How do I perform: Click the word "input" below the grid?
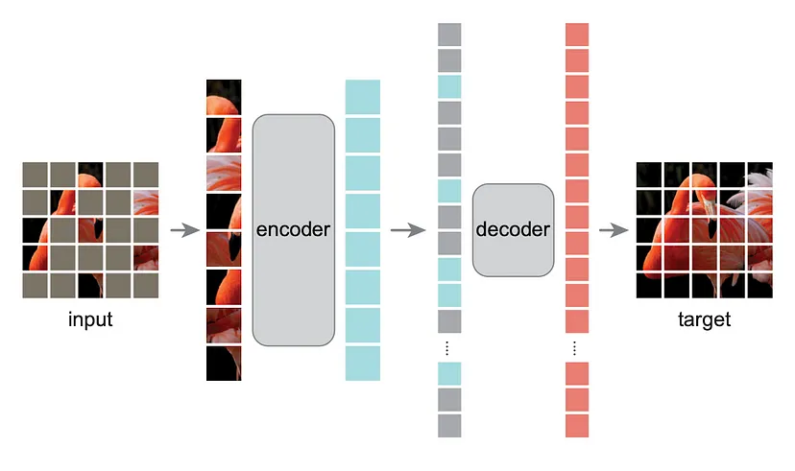click(90, 319)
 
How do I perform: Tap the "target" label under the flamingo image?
click(705, 319)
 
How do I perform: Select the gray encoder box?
click(293, 230)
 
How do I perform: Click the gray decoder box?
click(513, 230)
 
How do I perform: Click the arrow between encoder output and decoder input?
click(409, 230)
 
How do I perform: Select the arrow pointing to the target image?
click(614, 230)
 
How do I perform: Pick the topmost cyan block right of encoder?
click(362, 97)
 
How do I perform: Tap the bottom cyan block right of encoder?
click(362, 364)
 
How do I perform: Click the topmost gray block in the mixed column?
click(449, 35)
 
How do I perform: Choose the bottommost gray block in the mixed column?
click(449, 426)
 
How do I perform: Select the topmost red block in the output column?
click(577, 35)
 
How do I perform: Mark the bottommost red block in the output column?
click(577, 426)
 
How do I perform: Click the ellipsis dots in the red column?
click(577, 347)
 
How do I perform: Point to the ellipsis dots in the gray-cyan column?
click(449, 347)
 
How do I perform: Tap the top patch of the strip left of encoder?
click(224, 97)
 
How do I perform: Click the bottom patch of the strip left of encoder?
click(224, 364)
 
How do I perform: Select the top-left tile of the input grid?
click(35, 174)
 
